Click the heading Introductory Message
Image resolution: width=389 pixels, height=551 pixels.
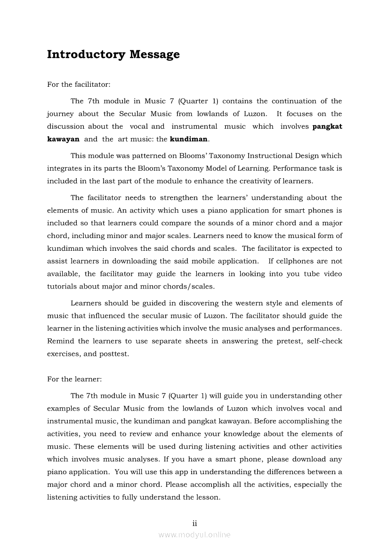pos(113,55)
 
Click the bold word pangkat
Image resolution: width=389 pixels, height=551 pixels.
pos(327,126)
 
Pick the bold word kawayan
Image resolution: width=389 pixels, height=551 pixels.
pos(63,139)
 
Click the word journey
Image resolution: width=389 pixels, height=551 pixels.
pos(60,114)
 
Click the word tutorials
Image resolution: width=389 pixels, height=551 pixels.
pos(62,287)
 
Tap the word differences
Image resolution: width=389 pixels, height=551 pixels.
pos(273,472)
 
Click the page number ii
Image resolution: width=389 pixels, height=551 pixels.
pos(194,523)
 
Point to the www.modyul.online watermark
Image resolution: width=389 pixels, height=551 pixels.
pos(194,535)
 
